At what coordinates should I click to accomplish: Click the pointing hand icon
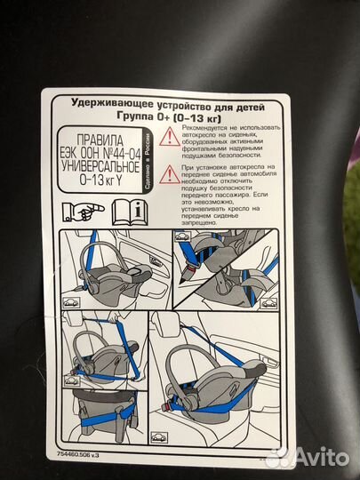(90, 212)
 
